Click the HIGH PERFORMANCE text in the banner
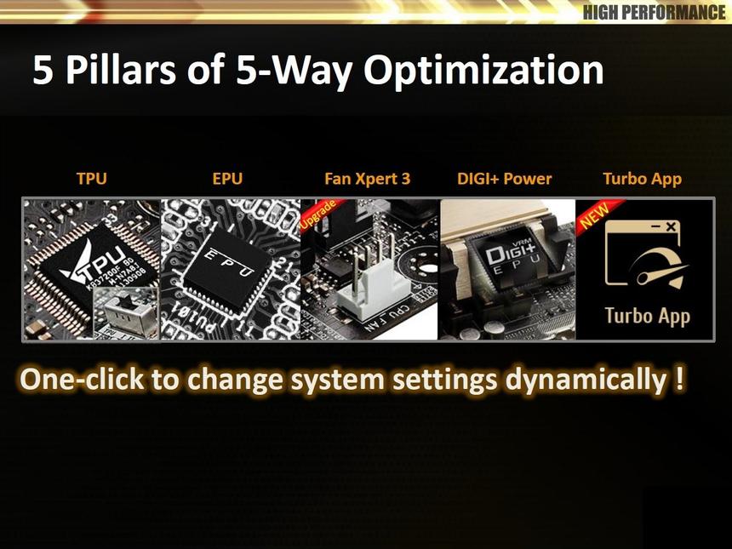pos(654,12)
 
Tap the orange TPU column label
pos(92,179)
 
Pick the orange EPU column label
pos(227,179)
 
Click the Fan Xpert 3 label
pos(367,179)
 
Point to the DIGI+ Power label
pos(504,179)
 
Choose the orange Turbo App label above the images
pos(642,179)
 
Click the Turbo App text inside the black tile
pos(647,316)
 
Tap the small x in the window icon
pos(670,227)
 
